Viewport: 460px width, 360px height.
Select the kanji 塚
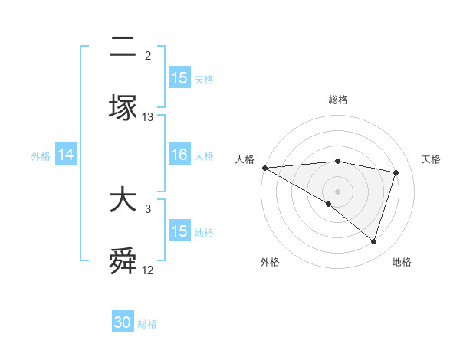pyautogui.click(x=123, y=108)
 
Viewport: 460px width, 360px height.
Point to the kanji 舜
pyautogui.click(x=123, y=262)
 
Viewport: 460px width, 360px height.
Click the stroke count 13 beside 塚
pyautogui.click(x=148, y=117)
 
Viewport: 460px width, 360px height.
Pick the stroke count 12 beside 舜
pyautogui.click(x=148, y=270)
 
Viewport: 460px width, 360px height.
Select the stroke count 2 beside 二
pyautogui.click(x=148, y=55)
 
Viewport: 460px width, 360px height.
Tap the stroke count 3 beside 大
pyautogui.click(x=148, y=208)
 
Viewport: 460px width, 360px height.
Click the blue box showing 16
pyautogui.click(x=179, y=155)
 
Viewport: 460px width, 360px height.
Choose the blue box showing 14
pyautogui.click(x=66, y=155)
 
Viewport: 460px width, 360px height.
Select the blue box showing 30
pyautogui.click(x=123, y=322)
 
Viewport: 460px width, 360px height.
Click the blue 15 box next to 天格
pyautogui.click(x=179, y=77)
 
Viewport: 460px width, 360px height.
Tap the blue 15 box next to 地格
pyautogui.click(x=179, y=231)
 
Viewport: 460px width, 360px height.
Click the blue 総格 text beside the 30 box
pyautogui.click(x=148, y=324)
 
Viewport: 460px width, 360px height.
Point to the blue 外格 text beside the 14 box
pyautogui.click(x=41, y=155)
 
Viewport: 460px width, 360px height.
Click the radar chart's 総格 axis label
pyautogui.click(x=337, y=100)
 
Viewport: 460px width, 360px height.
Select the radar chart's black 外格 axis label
pyautogui.click(x=270, y=262)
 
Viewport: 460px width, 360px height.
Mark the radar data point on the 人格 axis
pyautogui.click(x=264, y=167)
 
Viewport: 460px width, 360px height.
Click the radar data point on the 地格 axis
pyautogui.click(x=373, y=241)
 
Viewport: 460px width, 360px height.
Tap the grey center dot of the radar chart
pyautogui.click(x=337, y=191)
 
